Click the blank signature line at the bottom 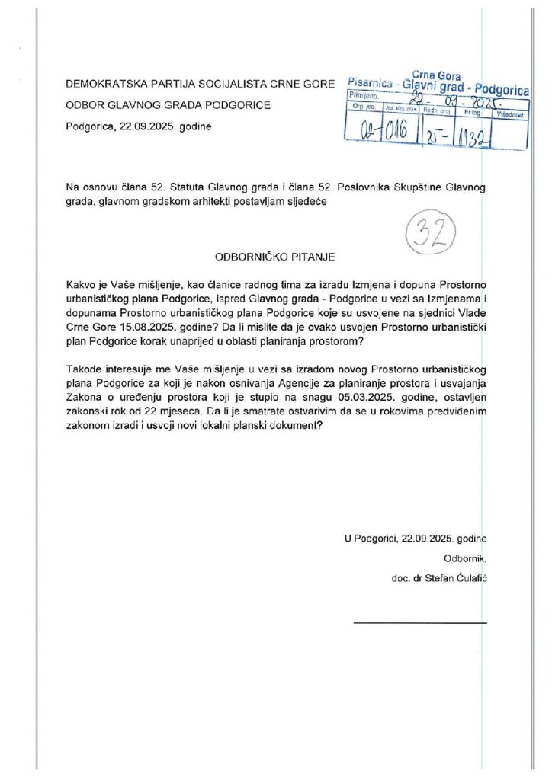coord(420,624)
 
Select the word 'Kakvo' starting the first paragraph coord(82,284)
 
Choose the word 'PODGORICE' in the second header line coord(237,105)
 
